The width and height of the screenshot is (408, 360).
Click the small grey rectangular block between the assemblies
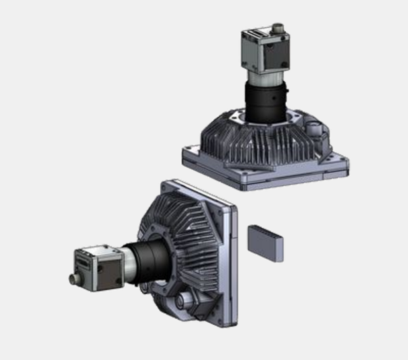point(265,242)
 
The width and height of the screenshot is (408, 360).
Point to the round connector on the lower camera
point(73,279)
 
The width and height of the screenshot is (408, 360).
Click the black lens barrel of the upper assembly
point(265,102)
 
